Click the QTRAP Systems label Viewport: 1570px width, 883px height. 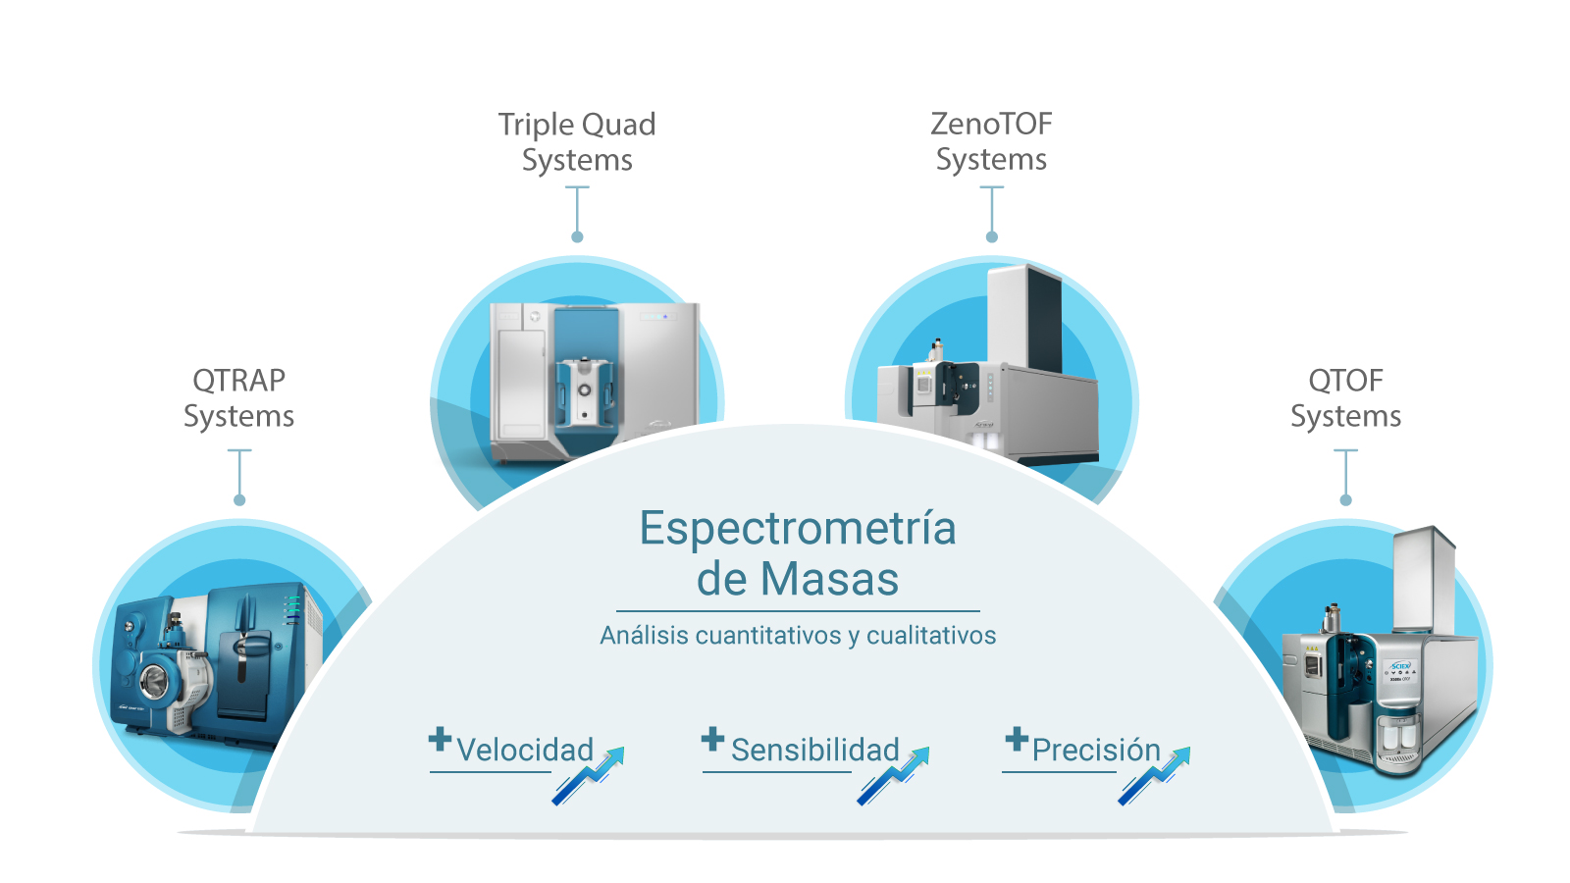pyautogui.click(x=238, y=398)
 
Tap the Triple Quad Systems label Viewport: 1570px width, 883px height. pyautogui.click(x=577, y=142)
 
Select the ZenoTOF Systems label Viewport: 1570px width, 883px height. pyautogui.click(x=991, y=141)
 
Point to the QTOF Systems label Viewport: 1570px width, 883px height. pyautogui.click(x=1345, y=398)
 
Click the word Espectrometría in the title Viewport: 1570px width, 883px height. pyautogui.click(x=798, y=528)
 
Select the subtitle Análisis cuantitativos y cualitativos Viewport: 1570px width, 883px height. pyautogui.click(x=798, y=636)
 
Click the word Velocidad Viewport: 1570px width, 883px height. pyautogui.click(x=525, y=751)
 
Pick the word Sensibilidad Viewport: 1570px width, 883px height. pyautogui.click(x=814, y=751)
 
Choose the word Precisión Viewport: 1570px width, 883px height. pyautogui.click(x=1096, y=751)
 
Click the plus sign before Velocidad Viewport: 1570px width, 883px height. pyautogui.click(x=441, y=739)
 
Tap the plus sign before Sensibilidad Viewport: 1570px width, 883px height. pyautogui.click(x=713, y=739)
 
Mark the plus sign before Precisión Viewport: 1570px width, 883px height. pyautogui.click(x=1017, y=739)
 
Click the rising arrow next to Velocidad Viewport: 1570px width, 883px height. pyautogui.click(x=589, y=776)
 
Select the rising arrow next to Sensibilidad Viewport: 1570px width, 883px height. pyautogui.click(x=894, y=776)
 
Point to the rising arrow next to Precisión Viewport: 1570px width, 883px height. pyautogui.click(x=1155, y=776)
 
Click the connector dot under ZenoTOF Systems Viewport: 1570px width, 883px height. pyautogui.click(x=992, y=237)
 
